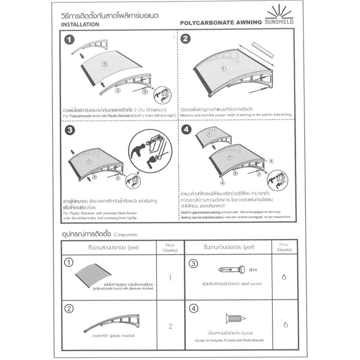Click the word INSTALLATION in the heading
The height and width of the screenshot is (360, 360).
click(x=80, y=25)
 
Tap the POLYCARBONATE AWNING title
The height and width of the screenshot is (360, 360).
click(x=221, y=22)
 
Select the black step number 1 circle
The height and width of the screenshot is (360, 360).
click(x=69, y=40)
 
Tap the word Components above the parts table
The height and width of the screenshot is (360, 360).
click(x=125, y=234)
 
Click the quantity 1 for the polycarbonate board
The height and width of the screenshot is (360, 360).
click(x=170, y=278)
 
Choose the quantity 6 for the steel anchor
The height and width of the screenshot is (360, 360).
click(x=284, y=277)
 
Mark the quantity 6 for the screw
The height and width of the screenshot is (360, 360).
click(x=285, y=324)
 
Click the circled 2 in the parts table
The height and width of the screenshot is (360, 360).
click(x=68, y=309)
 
